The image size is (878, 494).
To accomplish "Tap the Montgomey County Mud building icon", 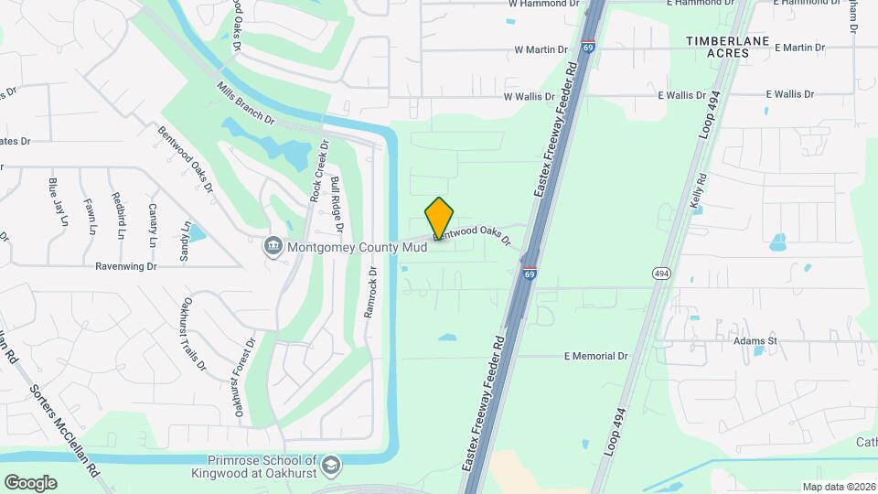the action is [x=273, y=246].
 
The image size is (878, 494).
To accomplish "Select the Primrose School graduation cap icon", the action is [x=330, y=465].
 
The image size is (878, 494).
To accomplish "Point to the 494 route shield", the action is [x=660, y=274].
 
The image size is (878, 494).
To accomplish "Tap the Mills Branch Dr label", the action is [x=245, y=104].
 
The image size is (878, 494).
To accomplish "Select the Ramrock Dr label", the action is [x=371, y=292].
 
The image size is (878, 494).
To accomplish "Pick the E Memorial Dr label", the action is [x=596, y=356].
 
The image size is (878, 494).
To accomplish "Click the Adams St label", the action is [x=755, y=340].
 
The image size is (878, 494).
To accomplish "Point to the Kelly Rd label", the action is [x=700, y=194].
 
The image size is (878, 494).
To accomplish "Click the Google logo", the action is [x=30, y=482].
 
